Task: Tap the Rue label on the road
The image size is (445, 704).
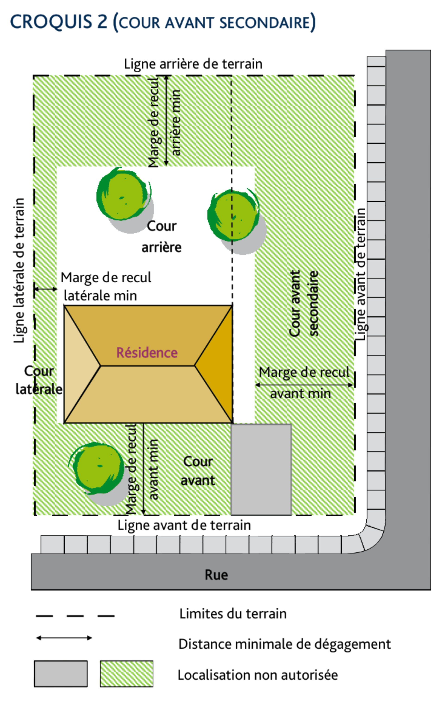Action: coord(216,575)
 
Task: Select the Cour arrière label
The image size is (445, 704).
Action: coord(162,236)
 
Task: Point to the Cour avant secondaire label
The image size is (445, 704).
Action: coord(303,303)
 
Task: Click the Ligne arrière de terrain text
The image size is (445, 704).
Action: coord(193,64)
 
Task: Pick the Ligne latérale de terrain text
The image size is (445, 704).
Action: coord(19,270)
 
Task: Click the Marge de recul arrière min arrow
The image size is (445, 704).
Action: coord(166,120)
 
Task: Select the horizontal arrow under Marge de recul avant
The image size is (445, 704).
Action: coord(304,385)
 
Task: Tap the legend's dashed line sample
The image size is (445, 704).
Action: coord(75,616)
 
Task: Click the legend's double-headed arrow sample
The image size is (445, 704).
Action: coord(64,638)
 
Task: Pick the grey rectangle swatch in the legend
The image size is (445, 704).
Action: coord(61,674)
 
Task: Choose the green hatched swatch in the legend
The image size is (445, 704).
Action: coord(127,674)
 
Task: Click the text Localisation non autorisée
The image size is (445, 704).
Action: coord(257,675)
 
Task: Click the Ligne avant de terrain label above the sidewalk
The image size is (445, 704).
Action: coord(184,525)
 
